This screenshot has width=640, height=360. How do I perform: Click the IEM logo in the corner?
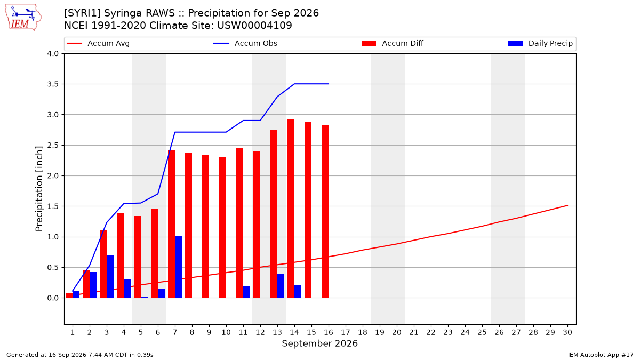[23, 18]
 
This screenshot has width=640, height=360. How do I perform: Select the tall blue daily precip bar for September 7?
[178, 267]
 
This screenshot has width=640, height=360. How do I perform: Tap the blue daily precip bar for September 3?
[110, 276]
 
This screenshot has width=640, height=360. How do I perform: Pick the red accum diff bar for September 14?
[291, 209]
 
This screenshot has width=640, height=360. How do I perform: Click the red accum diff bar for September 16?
[325, 211]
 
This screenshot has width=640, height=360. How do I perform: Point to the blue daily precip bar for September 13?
[281, 286]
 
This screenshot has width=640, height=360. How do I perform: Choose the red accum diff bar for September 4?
[121, 255]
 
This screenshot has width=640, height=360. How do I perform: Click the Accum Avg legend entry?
[98, 43]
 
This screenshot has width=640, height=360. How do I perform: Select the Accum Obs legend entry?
[245, 43]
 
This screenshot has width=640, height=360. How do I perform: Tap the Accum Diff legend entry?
[393, 43]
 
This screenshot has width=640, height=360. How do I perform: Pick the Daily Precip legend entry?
[540, 43]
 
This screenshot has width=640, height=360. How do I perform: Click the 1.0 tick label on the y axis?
[53, 237]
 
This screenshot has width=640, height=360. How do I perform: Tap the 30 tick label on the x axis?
[567, 332]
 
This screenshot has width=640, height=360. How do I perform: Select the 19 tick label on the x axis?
[380, 332]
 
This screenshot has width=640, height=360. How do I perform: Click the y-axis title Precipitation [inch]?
[39, 189]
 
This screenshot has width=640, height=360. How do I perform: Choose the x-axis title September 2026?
[319, 343]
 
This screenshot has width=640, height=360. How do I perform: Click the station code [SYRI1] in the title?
[82, 13]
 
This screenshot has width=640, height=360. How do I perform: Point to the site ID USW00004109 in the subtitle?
[254, 26]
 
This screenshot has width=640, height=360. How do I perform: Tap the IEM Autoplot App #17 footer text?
[601, 355]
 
